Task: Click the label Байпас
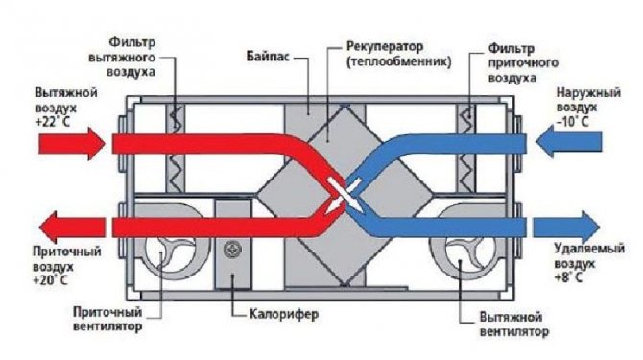click(268, 57)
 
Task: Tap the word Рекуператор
click(385, 46)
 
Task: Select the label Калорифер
click(284, 315)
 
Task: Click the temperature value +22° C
click(53, 122)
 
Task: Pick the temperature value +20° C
click(52, 280)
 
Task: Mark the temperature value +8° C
click(568, 277)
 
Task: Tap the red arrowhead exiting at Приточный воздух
click(49, 228)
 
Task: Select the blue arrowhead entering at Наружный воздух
click(545, 142)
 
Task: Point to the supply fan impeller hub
click(161, 252)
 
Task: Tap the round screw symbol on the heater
click(232, 249)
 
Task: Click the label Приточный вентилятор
click(107, 319)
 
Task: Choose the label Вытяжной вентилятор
click(513, 324)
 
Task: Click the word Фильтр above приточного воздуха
click(511, 49)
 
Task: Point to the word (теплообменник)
click(398, 62)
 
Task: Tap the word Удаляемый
click(589, 249)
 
